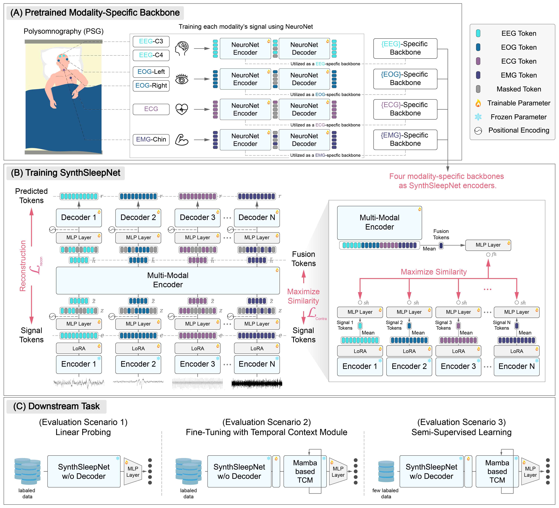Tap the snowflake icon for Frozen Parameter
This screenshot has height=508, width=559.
point(478,117)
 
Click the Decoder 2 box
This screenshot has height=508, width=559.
point(138,217)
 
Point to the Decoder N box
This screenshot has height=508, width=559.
point(257,217)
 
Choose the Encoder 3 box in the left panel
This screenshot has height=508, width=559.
point(197,364)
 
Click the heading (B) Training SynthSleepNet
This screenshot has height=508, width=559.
point(65,173)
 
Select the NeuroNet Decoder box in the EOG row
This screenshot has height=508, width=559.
point(304,79)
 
